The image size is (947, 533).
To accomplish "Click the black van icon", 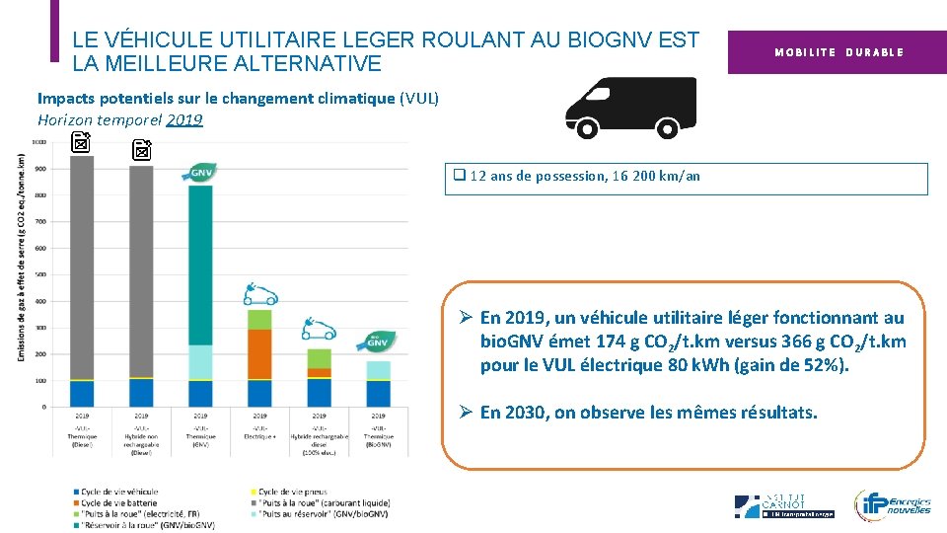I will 629,108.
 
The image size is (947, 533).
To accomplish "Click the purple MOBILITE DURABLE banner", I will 838,51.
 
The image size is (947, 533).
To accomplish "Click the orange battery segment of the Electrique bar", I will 259,353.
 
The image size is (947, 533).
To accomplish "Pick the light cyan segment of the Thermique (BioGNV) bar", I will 379,370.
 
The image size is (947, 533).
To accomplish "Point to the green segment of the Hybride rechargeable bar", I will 319,357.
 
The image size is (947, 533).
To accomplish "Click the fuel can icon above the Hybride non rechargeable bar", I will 142,150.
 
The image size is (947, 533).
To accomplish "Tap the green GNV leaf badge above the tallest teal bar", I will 200,173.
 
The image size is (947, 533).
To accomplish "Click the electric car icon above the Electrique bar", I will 260,293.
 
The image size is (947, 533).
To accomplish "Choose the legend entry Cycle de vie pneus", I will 293,491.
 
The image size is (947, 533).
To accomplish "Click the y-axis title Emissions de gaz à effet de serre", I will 21,257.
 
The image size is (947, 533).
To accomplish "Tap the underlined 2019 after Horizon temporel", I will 184,119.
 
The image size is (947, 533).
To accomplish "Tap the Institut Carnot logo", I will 784,505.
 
